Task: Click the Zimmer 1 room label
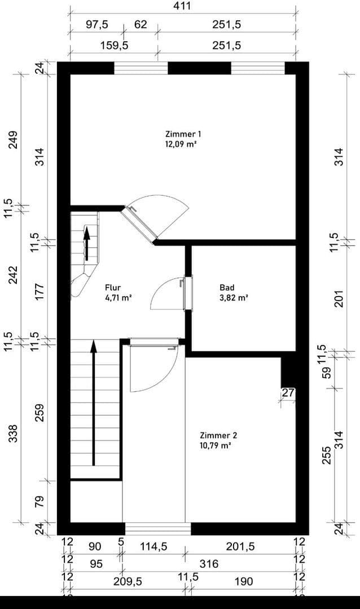click(x=183, y=134)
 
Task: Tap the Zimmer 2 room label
click(x=218, y=435)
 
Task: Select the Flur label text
click(x=113, y=287)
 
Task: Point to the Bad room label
click(x=226, y=287)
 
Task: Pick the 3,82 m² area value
click(x=234, y=297)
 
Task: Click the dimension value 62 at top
click(x=140, y=25)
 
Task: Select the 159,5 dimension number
click(x=114, y=46)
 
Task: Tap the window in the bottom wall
click(x=157, y=529)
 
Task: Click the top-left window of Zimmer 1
click(x=141, y=68)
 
